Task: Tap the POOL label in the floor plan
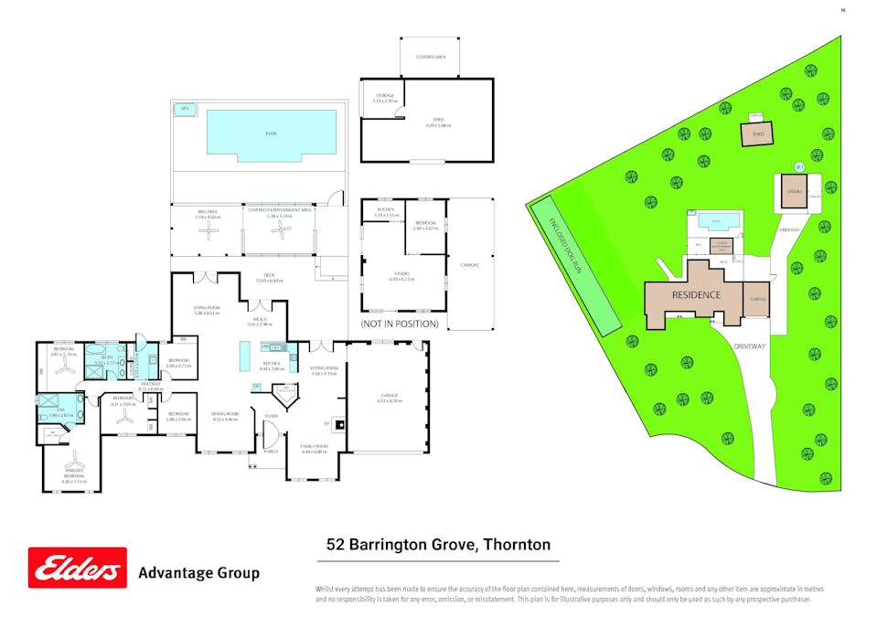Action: click(271, 133)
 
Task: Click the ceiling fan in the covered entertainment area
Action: click(279, 233)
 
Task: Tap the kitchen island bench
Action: click(245, 355)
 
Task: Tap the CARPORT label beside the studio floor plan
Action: click(470, 265)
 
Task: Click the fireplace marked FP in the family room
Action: click(338, 424)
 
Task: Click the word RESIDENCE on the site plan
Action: click(697, 295)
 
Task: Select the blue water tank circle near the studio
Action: click(798, 166)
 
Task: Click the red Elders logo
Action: click(77, 569)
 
